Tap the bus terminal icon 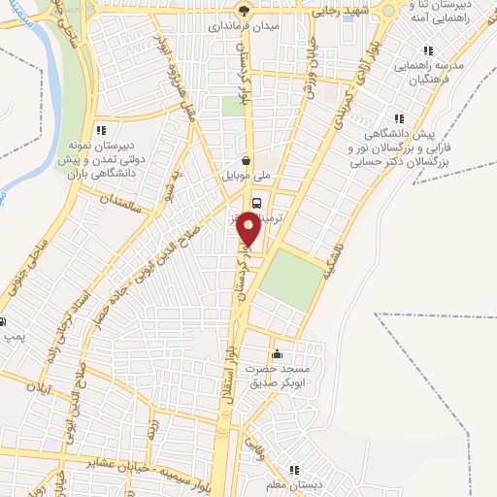click(256, 203)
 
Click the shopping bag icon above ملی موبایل click(248, 162)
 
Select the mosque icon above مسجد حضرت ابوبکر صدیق click(278, 353)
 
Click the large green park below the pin click(292, 279)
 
